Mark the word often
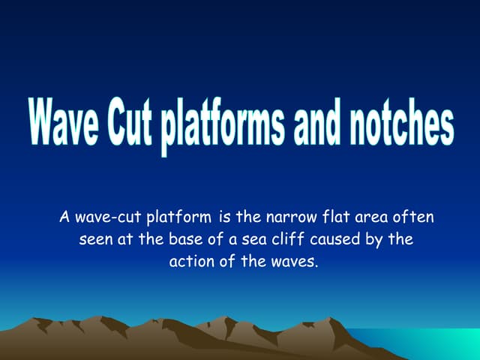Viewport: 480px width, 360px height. click(x=413, y=218)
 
